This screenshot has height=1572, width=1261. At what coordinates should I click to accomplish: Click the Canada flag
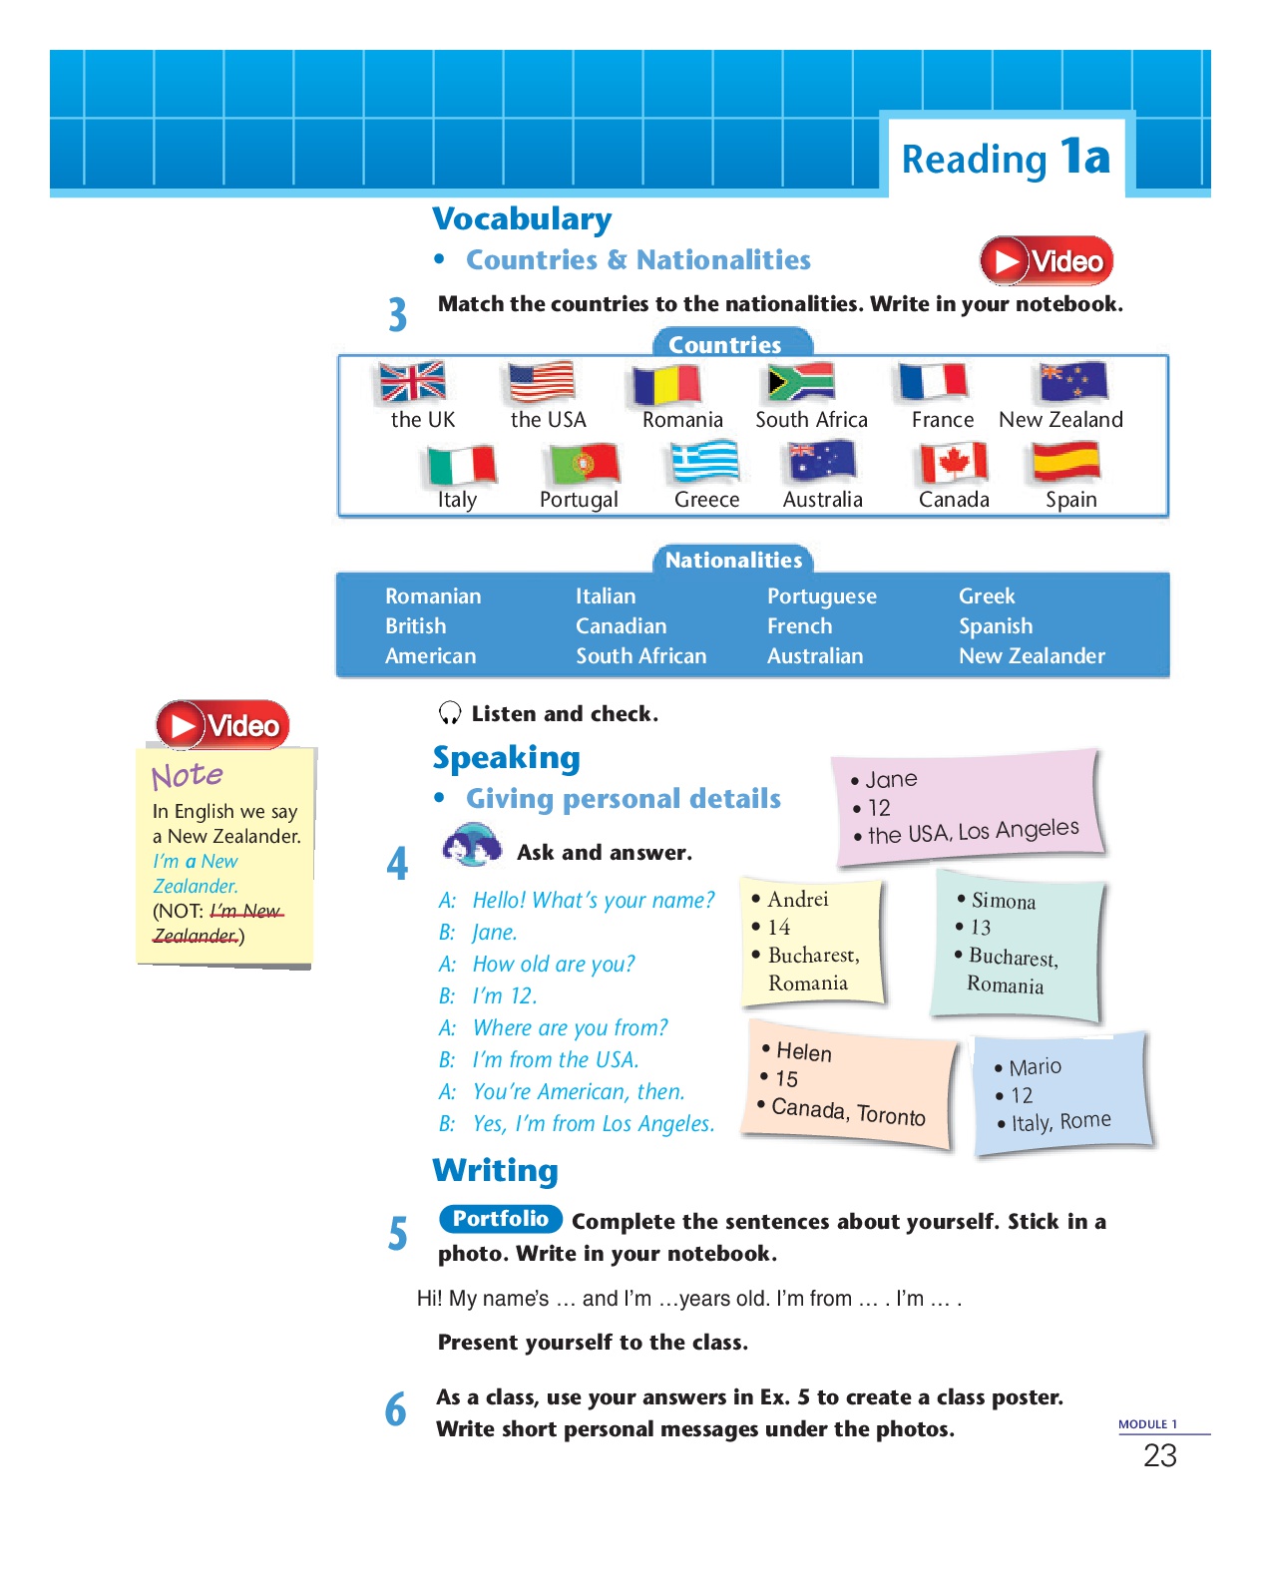[954, 463]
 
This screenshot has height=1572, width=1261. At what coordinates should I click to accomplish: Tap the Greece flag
[704, 463]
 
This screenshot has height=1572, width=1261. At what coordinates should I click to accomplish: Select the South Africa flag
[801, 382]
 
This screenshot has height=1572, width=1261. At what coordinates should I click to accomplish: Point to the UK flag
[413, 382]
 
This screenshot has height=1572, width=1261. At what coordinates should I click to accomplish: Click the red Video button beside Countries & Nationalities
[1046, 261]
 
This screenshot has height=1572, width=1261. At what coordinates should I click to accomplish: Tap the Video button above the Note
[222, 725]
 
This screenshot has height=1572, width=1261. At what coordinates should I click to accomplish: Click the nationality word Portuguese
[821, 596]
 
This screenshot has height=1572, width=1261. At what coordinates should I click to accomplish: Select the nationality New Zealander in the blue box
[1032, 656]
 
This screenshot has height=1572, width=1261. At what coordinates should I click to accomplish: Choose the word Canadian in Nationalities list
[621, 626]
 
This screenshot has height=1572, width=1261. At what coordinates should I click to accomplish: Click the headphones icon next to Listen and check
[450, 713]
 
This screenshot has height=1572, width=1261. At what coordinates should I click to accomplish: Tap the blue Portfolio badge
[500, 1219]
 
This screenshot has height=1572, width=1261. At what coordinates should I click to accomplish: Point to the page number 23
[1159, 1456]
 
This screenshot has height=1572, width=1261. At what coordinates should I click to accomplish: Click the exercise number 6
[396, 1409]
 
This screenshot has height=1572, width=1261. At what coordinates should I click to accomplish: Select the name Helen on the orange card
[803, 1052]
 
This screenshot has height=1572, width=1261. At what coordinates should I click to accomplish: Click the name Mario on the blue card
[1035, 1067]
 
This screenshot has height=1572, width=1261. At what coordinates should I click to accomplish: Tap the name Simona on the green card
[1003, 901]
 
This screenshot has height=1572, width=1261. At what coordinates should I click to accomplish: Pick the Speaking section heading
[506, 758]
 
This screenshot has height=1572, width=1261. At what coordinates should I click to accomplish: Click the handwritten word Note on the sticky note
[188, 776]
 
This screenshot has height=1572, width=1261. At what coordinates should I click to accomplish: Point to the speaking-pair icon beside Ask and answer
[471, 847]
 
